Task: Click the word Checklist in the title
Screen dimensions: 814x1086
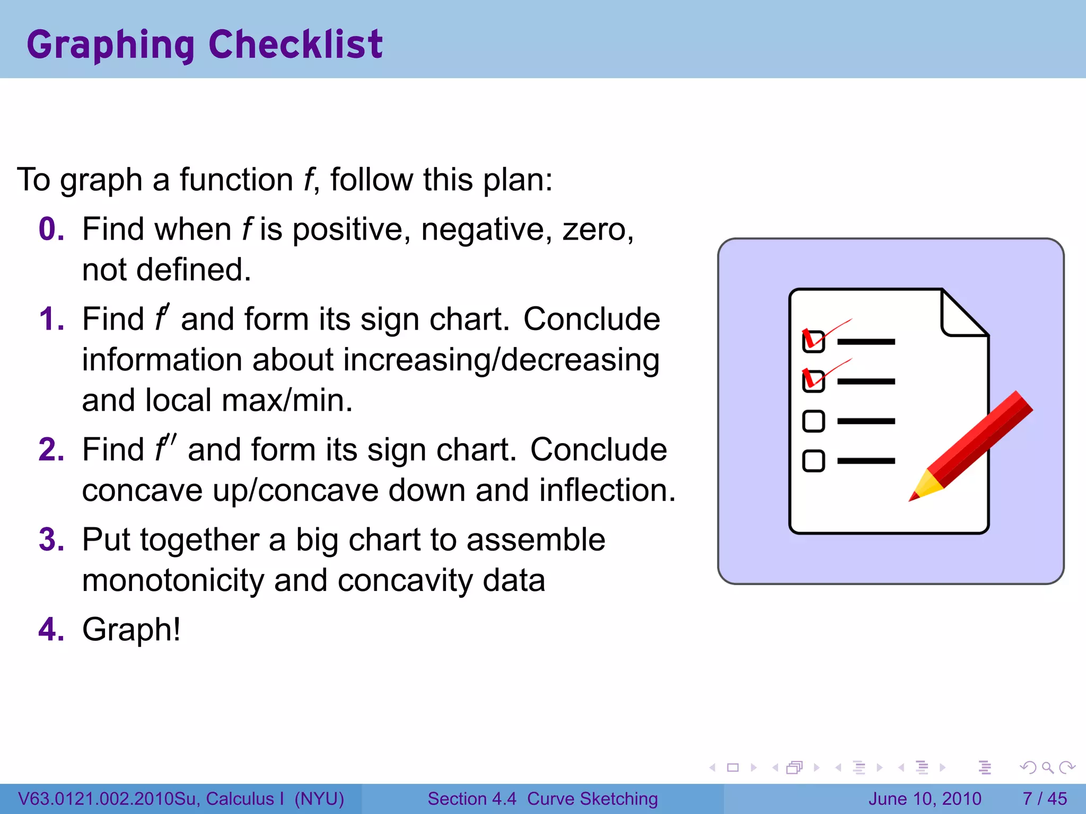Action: coord(295,45)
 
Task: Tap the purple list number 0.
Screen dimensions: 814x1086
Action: coord(51,229)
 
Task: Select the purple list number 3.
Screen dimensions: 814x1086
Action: coord(51,539)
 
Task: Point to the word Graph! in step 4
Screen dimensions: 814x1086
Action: coord(131,630)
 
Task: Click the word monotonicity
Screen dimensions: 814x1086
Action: coord(173,580)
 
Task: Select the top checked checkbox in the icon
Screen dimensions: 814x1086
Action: coord(813,341)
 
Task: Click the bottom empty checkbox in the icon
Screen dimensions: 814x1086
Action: coord(813,461)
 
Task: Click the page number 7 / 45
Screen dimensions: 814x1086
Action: coord(1044,799)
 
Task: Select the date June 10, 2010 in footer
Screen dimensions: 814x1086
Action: coord(925,799)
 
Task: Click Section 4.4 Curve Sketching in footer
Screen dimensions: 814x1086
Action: coord(542,799)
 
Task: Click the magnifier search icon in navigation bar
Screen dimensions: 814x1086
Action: coord(1047,767)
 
